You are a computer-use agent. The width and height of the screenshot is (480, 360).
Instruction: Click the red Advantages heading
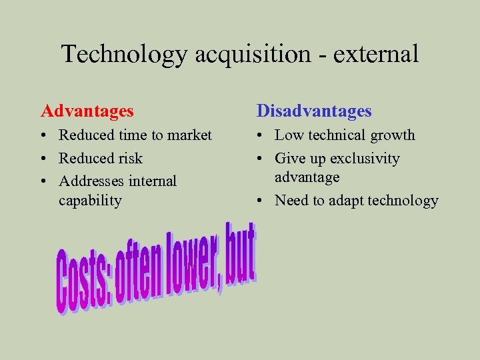[87, 111]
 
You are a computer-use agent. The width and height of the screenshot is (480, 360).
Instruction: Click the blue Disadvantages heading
[314, 111]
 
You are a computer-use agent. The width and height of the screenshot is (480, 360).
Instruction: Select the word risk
[130, 159]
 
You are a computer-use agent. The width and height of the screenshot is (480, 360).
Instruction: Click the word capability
[90, 200]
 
